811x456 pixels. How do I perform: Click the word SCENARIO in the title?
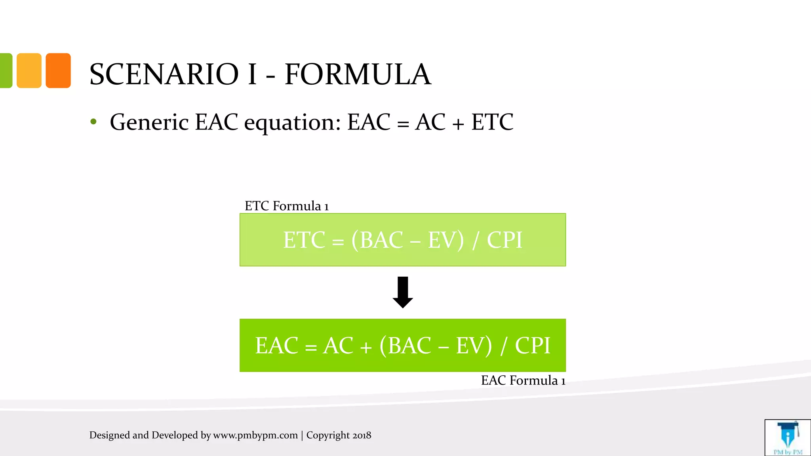tap(164, 74)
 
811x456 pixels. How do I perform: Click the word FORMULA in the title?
tap(358, 74)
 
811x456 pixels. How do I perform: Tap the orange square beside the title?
tap(58, 70)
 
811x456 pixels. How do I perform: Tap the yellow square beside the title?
tap(29, 70)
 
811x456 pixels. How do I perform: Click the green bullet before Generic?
tap(93, 122)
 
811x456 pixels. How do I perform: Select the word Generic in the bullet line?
tap(149, 122)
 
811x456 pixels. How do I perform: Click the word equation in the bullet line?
tap(292, 123)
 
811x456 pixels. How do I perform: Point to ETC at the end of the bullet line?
tap(492, 122)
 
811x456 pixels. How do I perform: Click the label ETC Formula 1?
tap(287, 206)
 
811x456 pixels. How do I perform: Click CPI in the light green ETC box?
tap(504, 240)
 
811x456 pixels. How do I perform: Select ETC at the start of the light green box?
tap(304, 240)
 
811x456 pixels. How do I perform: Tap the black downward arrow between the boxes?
tap(403, 293)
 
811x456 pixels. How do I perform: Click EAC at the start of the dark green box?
tap(276, 346)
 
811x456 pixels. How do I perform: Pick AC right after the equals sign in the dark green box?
tap(338, 346)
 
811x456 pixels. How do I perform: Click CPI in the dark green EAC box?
tap(532, 346)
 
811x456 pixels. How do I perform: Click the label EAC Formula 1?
tap(523, 380)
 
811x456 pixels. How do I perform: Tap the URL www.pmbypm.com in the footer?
tap(255, 435)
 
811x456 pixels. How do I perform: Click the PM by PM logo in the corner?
tap(788, 438)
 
